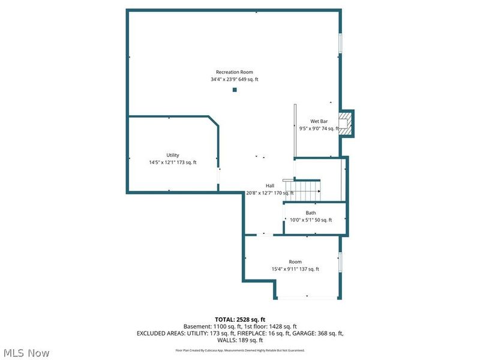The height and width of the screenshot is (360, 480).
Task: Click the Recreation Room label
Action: tap(235, 72)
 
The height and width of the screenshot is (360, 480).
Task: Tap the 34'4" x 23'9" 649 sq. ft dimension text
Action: tap(235, 79)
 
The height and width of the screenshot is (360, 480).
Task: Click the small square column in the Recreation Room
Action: tap(235, 89)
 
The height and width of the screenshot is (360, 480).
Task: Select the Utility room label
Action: tap(173, 155)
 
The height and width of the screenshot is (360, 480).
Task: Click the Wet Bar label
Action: tap(319, 121)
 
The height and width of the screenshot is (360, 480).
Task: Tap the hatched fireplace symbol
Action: tap(344, 124)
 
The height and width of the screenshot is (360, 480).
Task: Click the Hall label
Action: tap(270, 185)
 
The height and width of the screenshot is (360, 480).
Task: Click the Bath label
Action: tap(311, 213)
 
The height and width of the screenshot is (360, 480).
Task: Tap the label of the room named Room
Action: tap(295, 262)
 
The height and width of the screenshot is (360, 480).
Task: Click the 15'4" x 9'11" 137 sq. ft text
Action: tap(295, 269)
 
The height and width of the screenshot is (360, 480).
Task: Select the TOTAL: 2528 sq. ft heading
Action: tap(240, 320)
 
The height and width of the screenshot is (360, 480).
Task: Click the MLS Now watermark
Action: tap(26, 353)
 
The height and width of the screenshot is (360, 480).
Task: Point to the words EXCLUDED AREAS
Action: tap(160, 334)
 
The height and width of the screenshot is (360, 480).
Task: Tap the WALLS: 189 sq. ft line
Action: tap(240, 340)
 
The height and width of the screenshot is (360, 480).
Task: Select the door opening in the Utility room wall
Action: tap(218, 176)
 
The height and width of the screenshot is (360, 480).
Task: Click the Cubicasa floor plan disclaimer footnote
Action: tap(240, 350)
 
